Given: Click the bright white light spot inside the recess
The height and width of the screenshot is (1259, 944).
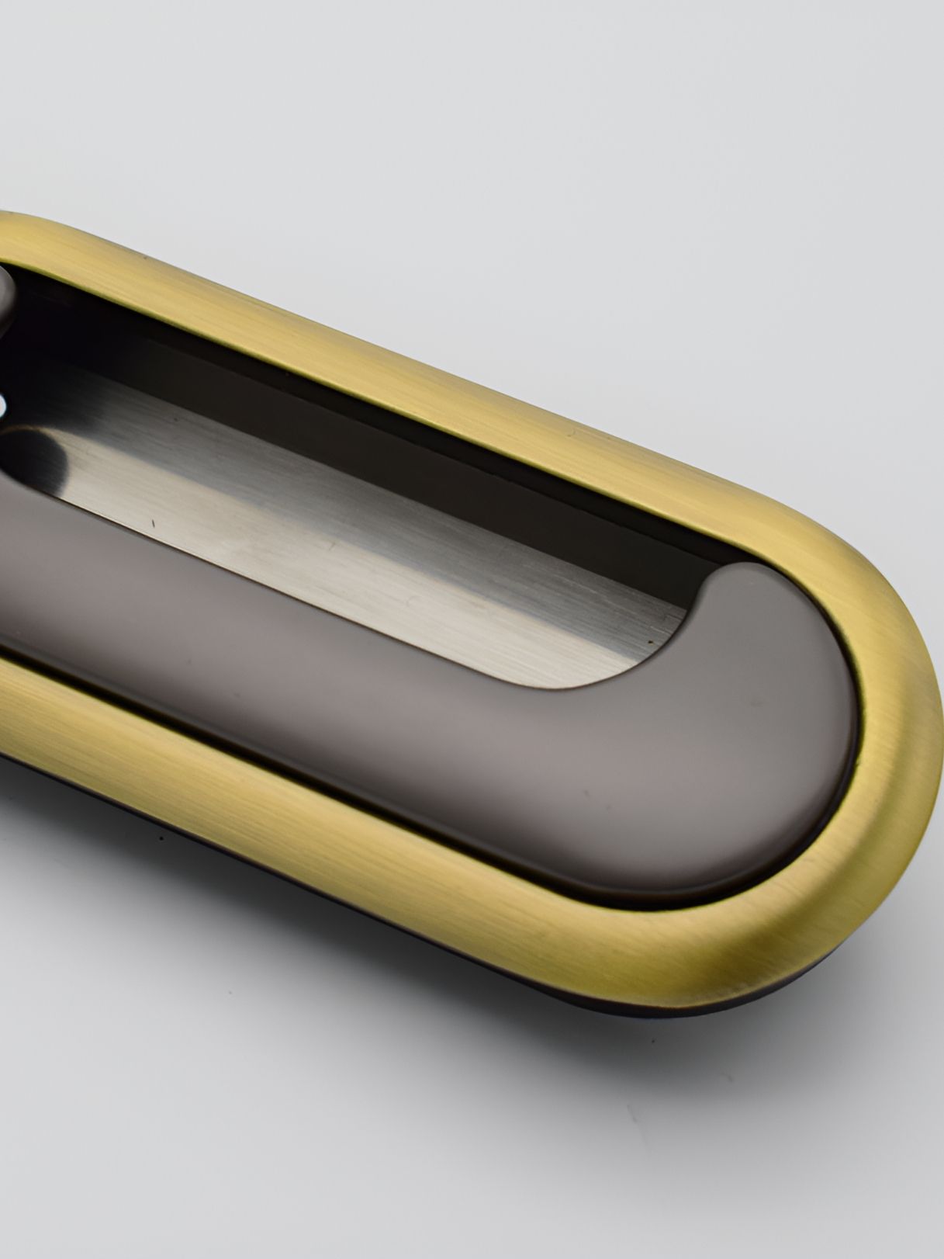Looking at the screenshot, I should [6, 404].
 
